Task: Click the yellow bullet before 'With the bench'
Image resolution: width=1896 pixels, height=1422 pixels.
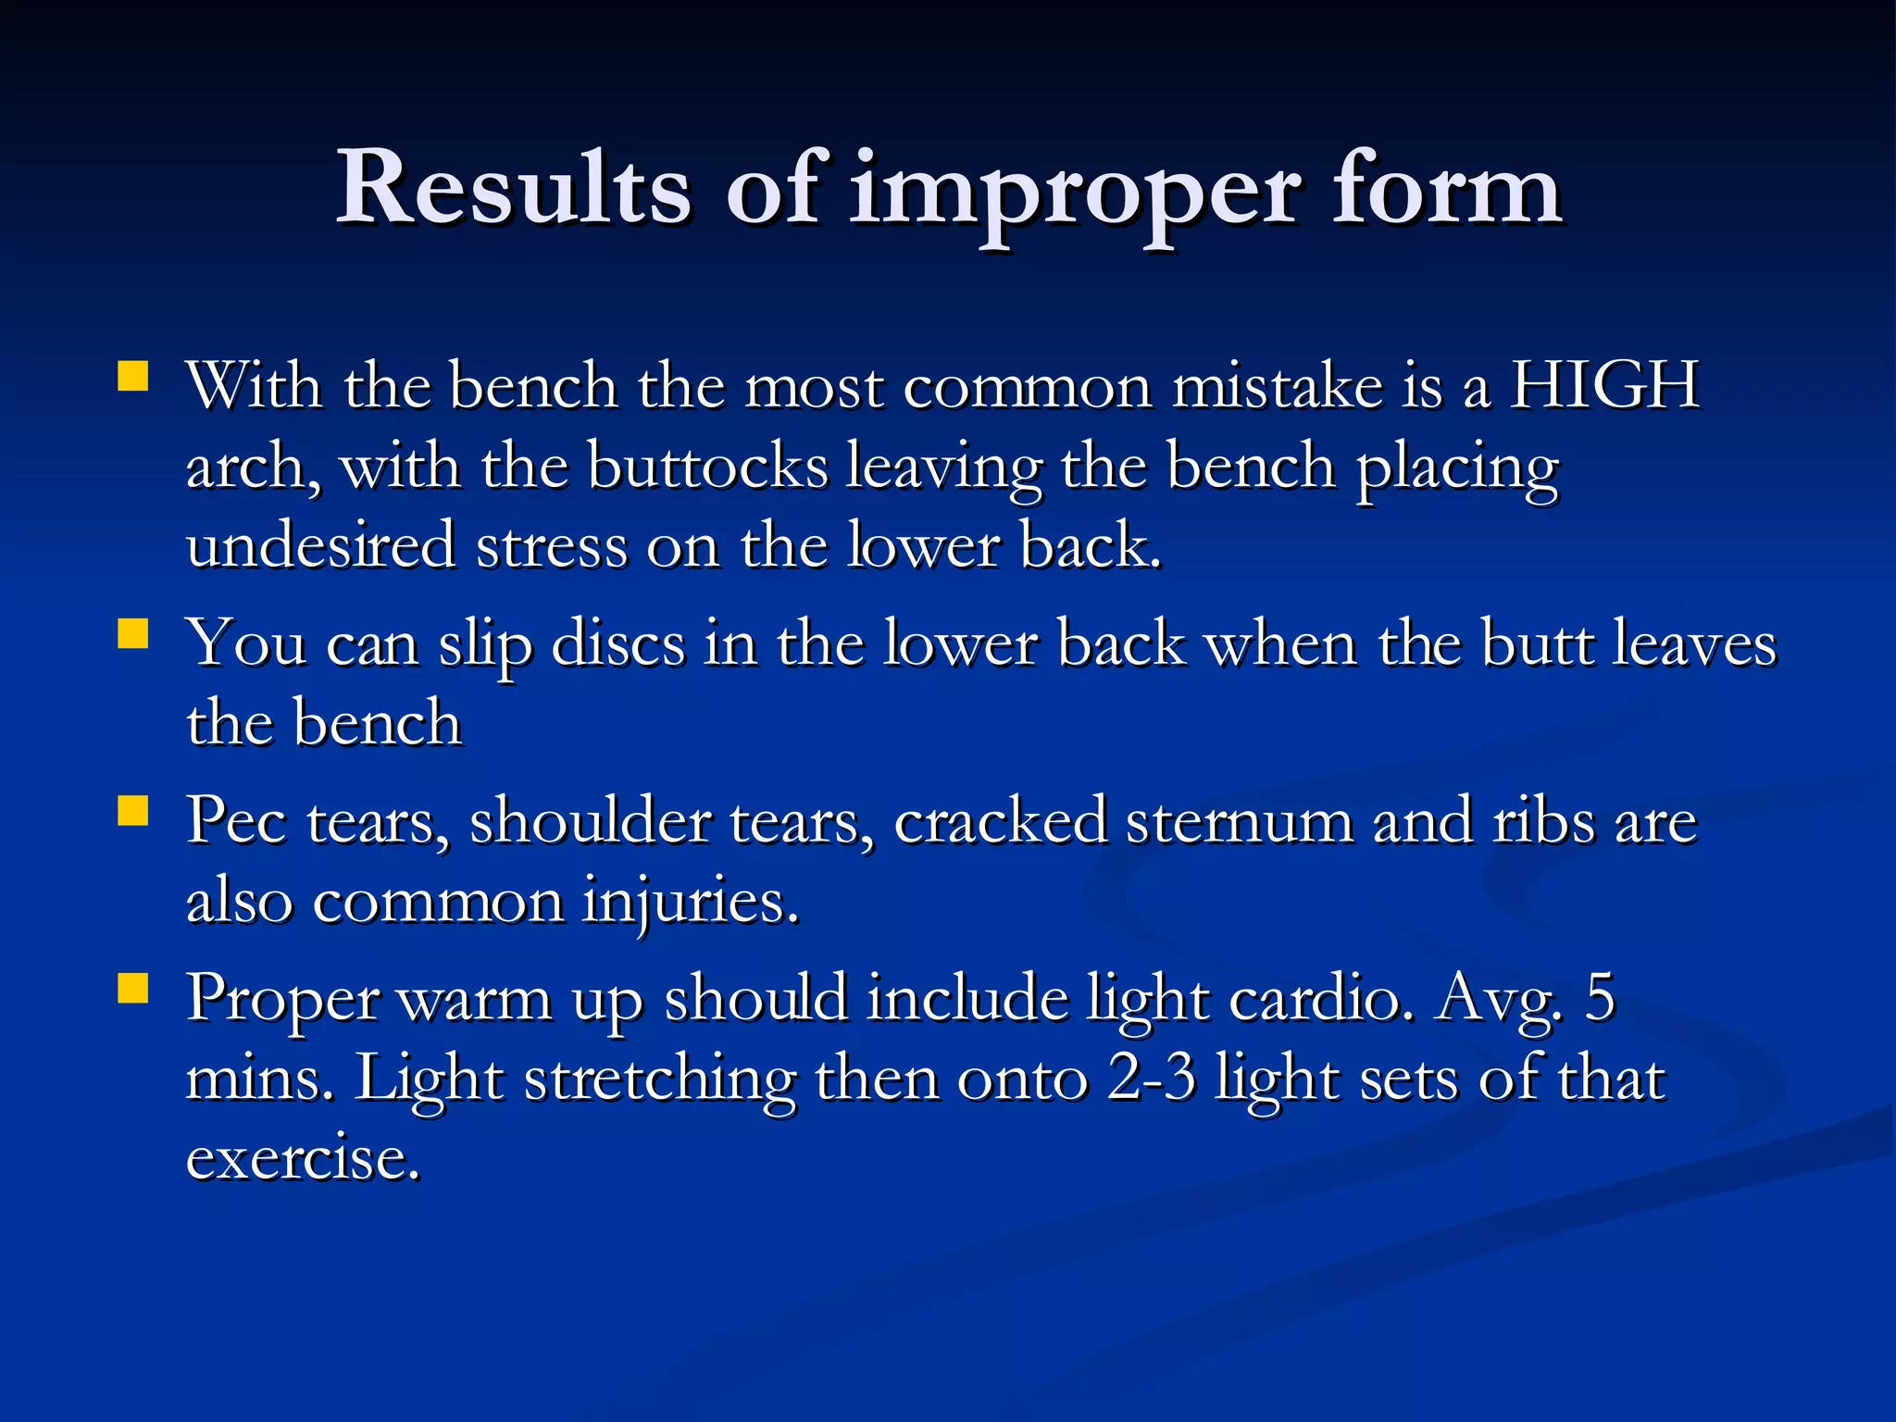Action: pos(133,377)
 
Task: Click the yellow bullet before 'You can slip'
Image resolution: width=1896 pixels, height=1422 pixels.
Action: pos(133,635)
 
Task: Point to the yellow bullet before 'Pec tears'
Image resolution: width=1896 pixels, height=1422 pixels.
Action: pos(133,812)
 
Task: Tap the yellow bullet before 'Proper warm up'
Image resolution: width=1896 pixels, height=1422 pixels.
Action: pos(133,989)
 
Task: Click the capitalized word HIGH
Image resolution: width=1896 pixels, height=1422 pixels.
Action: pos(1604,384)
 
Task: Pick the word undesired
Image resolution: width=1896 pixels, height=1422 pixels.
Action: pos(320,545)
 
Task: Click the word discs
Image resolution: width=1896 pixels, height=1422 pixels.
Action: pos(617,643)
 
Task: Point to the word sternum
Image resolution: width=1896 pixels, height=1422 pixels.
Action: pos(1239,820)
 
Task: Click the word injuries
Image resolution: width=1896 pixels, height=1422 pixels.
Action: pos(690,903)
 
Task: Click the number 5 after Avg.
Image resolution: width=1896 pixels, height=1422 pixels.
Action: pos(1601,998)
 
